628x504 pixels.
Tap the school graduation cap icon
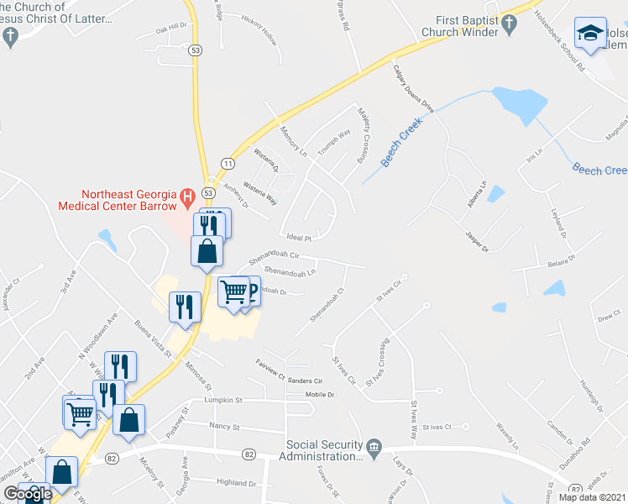590,34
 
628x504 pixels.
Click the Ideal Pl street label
298,238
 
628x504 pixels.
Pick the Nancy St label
224,427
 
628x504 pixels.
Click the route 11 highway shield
228,162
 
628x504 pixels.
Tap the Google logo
27,494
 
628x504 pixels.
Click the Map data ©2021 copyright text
593,497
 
